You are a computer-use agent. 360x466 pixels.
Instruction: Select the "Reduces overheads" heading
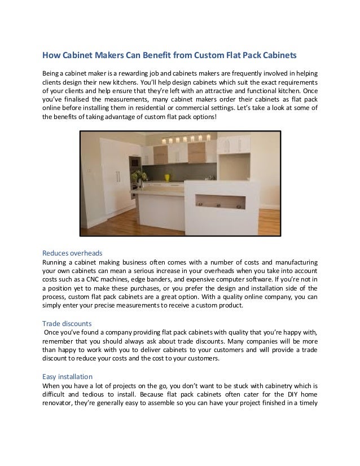point(73,252)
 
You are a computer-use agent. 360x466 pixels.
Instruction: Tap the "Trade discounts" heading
point(68,323)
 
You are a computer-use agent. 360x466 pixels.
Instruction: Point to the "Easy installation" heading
point(68,376)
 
